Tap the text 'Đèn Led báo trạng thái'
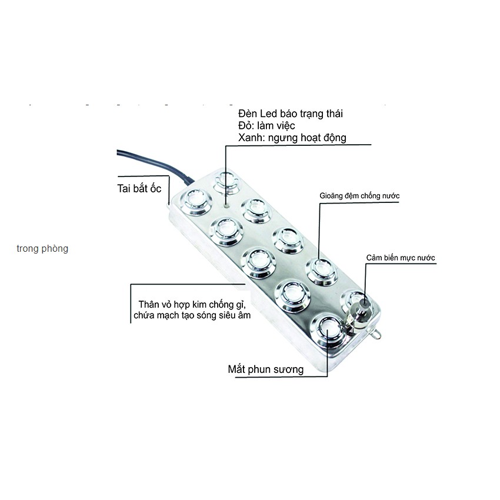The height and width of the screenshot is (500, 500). click(x=291, y=113)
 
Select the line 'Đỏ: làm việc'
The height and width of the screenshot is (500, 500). click(x=267, y=125)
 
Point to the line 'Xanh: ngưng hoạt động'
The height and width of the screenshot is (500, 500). click(x=292, y=138)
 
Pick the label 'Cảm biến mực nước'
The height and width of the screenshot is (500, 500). click(x=401, y=258)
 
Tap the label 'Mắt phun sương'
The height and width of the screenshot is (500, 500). click(x=266, y=369)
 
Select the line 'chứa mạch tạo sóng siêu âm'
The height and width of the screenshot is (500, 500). click(x=192, y=316)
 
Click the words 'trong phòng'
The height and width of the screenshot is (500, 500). click(x=42, y=249)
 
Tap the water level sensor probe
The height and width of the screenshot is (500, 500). click(x=360, y=309)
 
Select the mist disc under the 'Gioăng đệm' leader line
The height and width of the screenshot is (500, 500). click(x=319, y=271)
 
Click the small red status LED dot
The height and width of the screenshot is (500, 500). click(x=227, y=206)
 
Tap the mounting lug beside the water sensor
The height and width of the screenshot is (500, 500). click(x=377, y=334)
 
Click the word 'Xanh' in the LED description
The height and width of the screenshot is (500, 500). click(x=251, y=138)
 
